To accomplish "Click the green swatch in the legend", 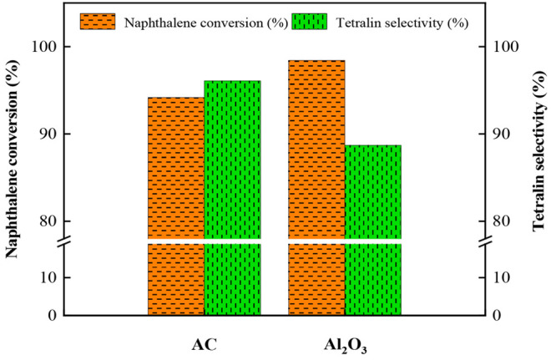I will [x=311, y=21].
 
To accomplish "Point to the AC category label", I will [x=205, y=343].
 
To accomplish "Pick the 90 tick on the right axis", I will [x=506, y=134].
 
